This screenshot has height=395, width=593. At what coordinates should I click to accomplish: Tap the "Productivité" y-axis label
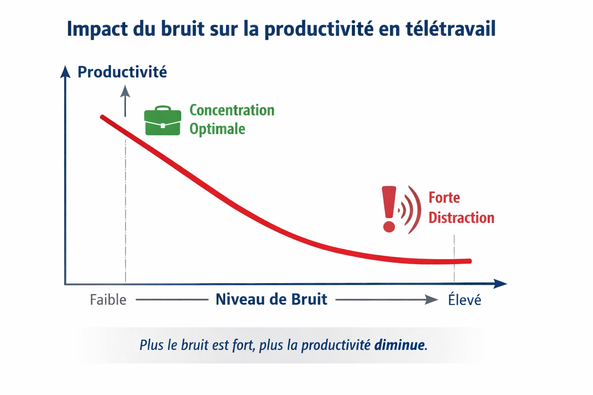(x=122, y=72)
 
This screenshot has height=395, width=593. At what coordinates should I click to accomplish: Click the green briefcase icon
(x=163, y=121)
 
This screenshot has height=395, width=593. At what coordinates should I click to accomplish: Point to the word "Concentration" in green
(x=232, y=110)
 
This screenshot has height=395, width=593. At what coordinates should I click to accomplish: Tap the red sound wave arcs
(x=411, y=210)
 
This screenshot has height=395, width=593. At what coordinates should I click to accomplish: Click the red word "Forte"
(x=444, y=198)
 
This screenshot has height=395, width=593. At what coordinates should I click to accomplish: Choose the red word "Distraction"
(x=461, y=218)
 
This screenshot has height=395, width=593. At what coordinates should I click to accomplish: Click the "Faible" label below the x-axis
(x=108, y=300)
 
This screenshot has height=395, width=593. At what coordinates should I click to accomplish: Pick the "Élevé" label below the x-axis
(x=464, y=300)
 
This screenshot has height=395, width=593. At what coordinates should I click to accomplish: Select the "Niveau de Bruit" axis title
(x=271, y=299)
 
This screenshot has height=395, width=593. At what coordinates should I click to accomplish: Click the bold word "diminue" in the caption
(x=399, y=345)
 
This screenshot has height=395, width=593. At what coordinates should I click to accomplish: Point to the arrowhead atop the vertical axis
(x=65, y=72)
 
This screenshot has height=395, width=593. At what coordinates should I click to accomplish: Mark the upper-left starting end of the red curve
(x=102, y=117)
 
